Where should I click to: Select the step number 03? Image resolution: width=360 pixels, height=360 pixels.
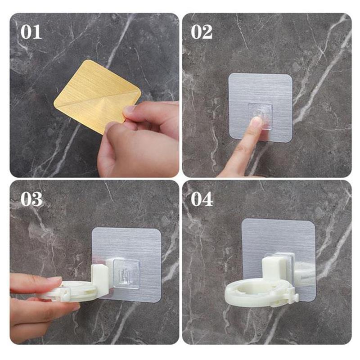point(31,198)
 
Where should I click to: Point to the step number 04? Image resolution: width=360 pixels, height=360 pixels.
point(202,198)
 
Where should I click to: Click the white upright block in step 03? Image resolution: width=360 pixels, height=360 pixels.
point(100,279)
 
